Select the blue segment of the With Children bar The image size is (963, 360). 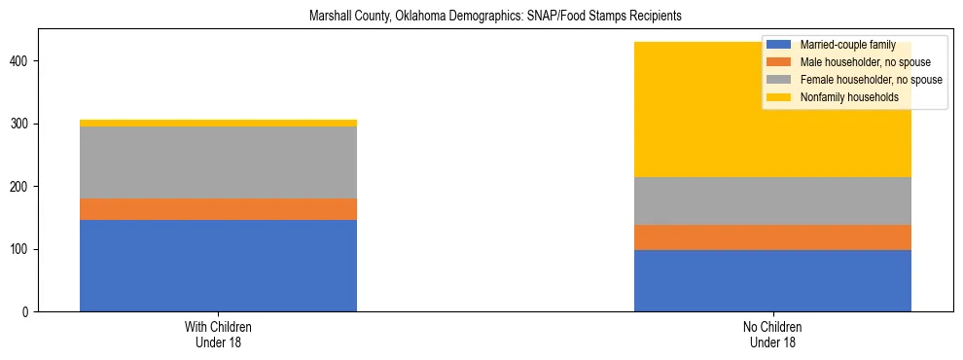tap(218, 266)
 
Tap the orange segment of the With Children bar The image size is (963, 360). tap(218, 209)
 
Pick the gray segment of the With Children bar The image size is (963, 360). tap(218, 162)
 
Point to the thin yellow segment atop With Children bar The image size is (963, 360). tap(218, 124)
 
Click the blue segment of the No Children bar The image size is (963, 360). tap(772, 280)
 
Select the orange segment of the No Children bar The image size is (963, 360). tap(772, 237)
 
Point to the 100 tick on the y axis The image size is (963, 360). tap(22, 250)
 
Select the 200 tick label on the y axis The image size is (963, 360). tap(22, 187)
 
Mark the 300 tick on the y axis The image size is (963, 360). tap(22, 125)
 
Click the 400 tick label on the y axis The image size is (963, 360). tap(22, 61)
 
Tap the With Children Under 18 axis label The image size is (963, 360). tap(218, 335)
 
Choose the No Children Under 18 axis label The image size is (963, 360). tap(772, 335)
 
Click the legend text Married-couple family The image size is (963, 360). tap(846, 45)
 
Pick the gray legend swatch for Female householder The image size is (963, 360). tap(778, 80)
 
